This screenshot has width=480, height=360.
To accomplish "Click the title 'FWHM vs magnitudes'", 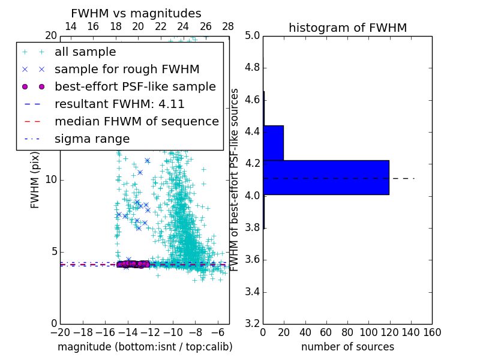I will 136,14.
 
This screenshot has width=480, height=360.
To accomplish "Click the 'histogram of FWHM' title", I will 347,28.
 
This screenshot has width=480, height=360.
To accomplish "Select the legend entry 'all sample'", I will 85,52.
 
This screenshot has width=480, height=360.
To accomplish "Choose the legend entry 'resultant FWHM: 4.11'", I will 119,104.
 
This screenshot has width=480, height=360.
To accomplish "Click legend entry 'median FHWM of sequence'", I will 136,122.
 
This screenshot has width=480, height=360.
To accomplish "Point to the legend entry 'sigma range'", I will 92,139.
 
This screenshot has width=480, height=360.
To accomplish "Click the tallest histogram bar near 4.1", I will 326,178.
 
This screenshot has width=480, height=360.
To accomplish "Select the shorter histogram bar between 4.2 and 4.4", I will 273,143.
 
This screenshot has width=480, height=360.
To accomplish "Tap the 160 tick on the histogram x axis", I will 431,332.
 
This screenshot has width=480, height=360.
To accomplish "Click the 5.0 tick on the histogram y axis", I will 252,36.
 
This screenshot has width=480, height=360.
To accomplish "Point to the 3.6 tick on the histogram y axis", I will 252,260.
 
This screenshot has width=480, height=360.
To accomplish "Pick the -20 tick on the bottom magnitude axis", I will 59,332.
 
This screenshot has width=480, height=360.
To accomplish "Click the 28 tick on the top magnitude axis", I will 228,26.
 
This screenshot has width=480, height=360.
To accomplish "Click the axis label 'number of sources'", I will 347,347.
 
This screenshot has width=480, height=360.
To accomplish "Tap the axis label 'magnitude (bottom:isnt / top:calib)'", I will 145,347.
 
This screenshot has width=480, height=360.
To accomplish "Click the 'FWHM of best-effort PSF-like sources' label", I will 235,179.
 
